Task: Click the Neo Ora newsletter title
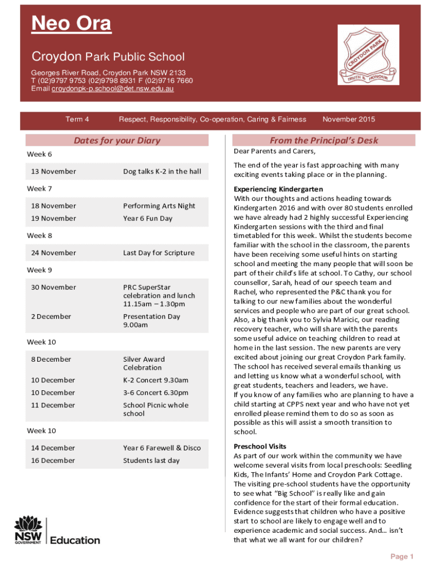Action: tap(71, 25)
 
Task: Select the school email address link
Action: tap(113, 89)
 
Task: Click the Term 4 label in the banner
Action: tap(77, 120)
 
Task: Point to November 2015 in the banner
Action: tap(349, 120)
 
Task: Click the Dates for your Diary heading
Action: tap(117, 141)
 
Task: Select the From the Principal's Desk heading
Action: tap(324, 141)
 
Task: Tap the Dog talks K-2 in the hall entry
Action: tap(162, 172)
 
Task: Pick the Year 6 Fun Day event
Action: tap(148, 219)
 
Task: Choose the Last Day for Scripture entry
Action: tap(159, 253)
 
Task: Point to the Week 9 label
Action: tap(40, 270)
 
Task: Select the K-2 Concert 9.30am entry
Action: tap(156, 381)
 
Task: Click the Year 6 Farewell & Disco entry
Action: tap(162, 448)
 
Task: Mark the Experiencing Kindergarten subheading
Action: tap(278, 189)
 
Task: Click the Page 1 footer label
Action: tap(402, 557)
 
